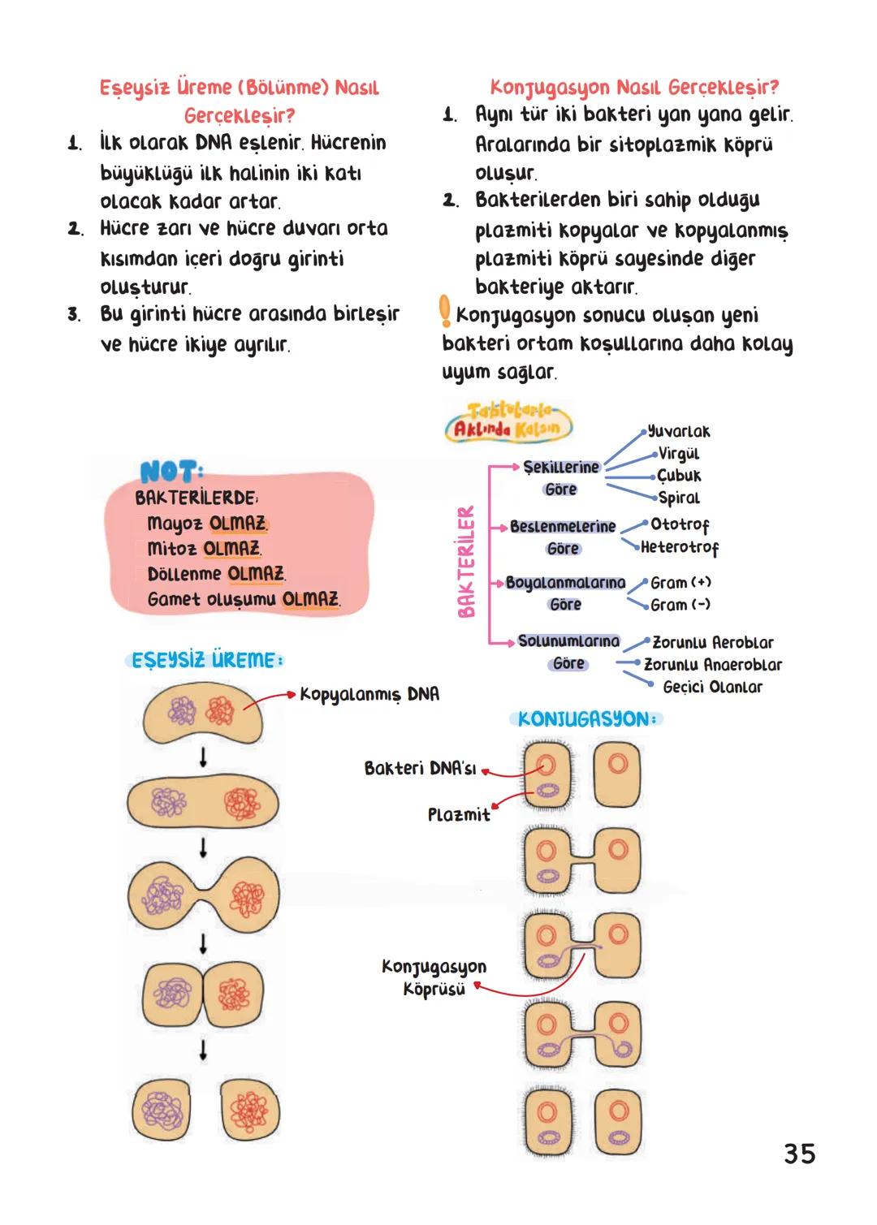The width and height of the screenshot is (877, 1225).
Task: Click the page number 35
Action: (799, 1154)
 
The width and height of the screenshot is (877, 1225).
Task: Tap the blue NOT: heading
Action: (171, 472)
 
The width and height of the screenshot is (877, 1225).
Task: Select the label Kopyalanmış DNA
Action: (369, 694)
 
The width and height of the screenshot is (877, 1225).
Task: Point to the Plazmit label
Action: (459, 814)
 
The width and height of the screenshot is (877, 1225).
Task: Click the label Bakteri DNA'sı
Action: (420, 768)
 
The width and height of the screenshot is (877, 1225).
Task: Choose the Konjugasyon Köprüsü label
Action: (434, 977)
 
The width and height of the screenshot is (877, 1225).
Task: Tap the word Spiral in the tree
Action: (679, 498)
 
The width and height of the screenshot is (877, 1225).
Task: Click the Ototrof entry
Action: (680, 524)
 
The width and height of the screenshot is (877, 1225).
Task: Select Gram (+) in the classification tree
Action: (680, 583)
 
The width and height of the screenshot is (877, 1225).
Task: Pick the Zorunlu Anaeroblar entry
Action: (713, 665)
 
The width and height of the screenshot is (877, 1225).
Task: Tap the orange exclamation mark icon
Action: (444, 312)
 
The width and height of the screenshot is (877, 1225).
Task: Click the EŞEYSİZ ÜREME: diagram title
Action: (208, 660)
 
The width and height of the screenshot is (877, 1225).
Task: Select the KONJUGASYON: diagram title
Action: (590, 719)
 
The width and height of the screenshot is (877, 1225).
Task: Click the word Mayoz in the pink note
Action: (176, 524)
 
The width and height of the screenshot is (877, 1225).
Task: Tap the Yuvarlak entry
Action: (679, 432)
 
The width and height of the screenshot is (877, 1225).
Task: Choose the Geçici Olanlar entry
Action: (713, 688)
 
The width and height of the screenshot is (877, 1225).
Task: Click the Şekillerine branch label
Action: (561, 468)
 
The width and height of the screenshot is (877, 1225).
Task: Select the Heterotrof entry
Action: (680, 547)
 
